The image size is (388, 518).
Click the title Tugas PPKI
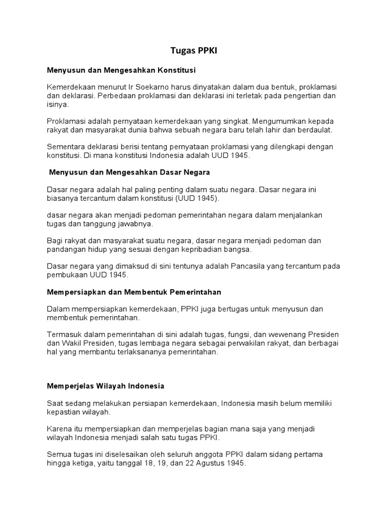(x=193, y=51)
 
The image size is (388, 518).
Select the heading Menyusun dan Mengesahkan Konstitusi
(x=121, y=69)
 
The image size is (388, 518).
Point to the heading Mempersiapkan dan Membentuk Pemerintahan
(x=134, y=292)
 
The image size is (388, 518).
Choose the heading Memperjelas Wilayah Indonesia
(x=106, y=385)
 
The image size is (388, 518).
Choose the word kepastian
(x=63, y=412)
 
